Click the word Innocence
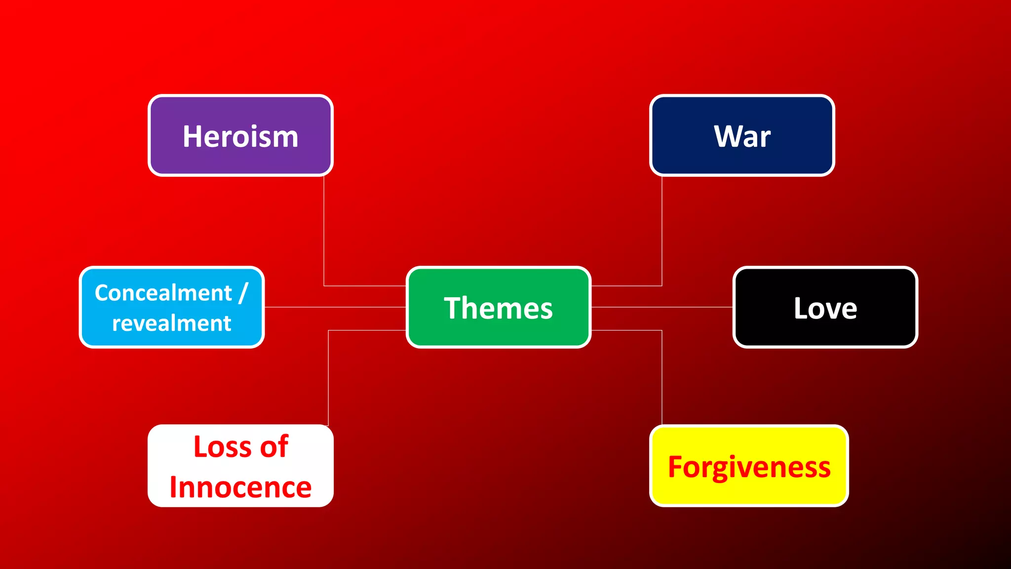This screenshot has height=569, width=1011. [240, 488]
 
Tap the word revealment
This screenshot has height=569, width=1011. [171, 324]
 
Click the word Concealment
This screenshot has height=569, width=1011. [163, 293]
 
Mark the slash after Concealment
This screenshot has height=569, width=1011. [242, 293]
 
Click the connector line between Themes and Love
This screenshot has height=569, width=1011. [661, 307]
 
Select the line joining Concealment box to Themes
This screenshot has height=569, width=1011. [336, 307]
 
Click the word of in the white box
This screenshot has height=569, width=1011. [274, 447]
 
